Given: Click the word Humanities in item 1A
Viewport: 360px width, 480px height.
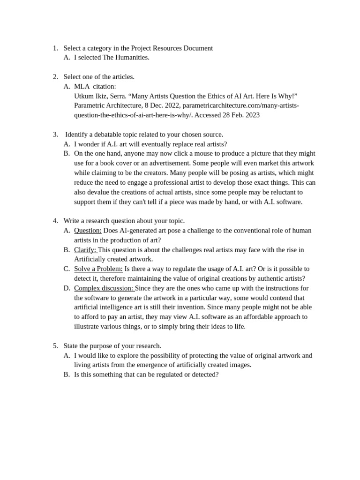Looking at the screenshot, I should [x=132, y=57].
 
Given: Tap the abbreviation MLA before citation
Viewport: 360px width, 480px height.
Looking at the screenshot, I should [x=82, y=86].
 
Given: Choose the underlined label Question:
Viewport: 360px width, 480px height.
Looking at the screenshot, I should [x=88, y=231].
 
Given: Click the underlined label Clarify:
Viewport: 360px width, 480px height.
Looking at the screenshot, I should [x=85, y=250].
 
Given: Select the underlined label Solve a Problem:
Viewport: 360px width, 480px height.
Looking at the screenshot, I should [x=98, y=269].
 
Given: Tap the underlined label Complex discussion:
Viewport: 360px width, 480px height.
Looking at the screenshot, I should [x=104, y=288].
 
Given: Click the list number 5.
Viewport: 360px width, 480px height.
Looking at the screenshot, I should [x=55, y=346].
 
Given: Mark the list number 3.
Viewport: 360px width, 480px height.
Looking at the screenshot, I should [x=55, y=135].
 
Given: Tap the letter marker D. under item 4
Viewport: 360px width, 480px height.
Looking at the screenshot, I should [x=67, y=288].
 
